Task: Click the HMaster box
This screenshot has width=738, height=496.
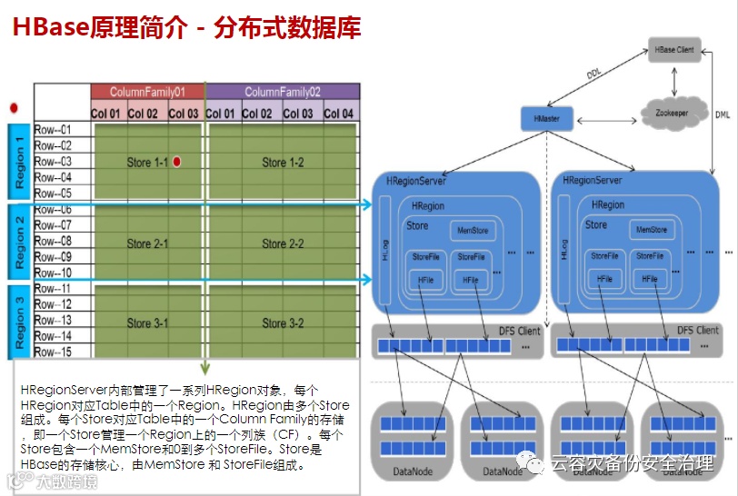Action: click(547, 118)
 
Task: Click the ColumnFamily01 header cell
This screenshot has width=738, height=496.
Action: click(147, 92)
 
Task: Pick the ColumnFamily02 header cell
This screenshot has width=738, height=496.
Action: click(283, 92)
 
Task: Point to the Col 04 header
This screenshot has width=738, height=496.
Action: click(338, 114)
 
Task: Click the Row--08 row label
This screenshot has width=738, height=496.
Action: click(53, 241)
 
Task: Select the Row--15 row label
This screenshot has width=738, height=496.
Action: click(53, 352)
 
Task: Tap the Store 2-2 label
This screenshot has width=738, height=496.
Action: click(283, 243)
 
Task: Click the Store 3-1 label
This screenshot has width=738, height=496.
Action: click(147, 322)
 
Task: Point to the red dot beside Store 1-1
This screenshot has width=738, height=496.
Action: click(177, 162)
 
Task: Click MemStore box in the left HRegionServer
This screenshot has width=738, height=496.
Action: click(473, 231)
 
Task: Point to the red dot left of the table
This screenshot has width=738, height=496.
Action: click(14, 107)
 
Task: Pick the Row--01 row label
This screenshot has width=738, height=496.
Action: click(53, 129)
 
